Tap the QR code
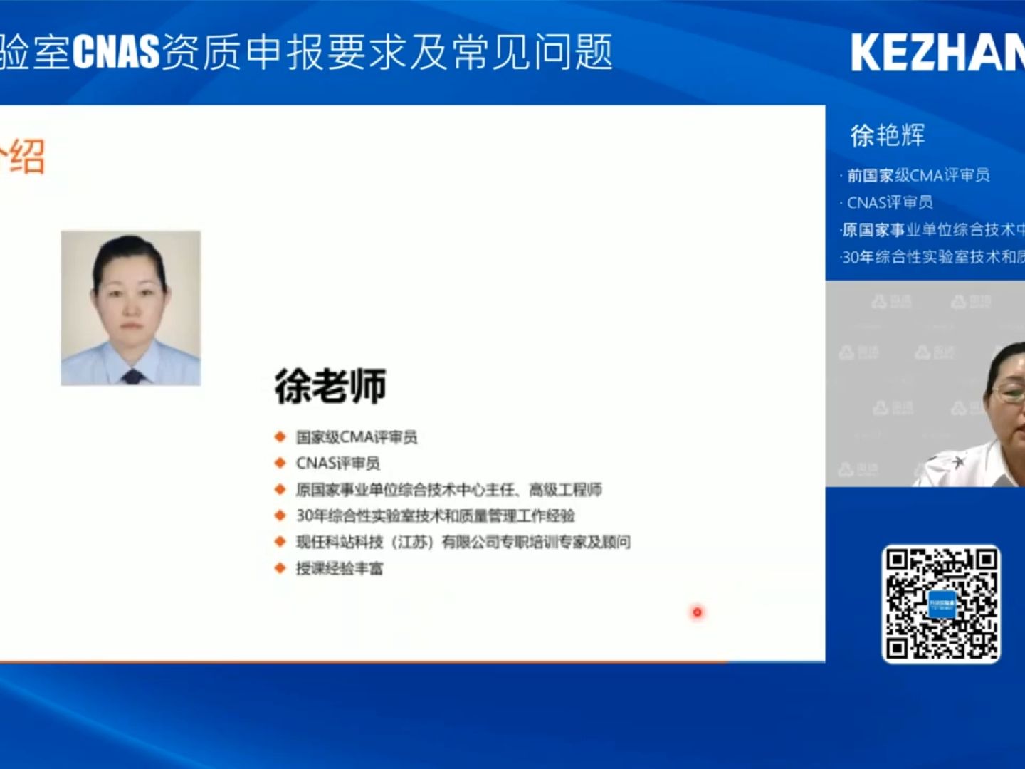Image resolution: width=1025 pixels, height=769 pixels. (941, 604)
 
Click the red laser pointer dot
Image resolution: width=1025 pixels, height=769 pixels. (697, 612)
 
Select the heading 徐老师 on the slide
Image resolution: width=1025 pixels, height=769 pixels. (331, 387)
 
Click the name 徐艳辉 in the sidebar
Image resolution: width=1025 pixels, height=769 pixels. (888, 135)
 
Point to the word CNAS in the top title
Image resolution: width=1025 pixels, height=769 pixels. (116, 53)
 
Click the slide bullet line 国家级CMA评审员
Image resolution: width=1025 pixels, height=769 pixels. (357, 436)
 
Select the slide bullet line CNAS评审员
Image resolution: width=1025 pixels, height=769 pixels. (338, 463)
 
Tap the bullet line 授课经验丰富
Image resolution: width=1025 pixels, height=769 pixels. (340, 568)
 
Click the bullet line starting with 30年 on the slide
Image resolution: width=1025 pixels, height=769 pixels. (435, 516)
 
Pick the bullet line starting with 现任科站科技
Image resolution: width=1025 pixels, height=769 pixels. (463, 542)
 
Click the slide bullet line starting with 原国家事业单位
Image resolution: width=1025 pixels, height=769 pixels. (448, 489)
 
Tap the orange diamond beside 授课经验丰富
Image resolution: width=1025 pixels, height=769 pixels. (280, 567)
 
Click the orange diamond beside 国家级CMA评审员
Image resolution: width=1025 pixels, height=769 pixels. (280, 436)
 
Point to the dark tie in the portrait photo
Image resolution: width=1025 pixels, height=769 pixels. (132, 376)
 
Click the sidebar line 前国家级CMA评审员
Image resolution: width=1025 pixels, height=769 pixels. (918, 175)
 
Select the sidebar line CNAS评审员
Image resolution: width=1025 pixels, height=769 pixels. (890, 202)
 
